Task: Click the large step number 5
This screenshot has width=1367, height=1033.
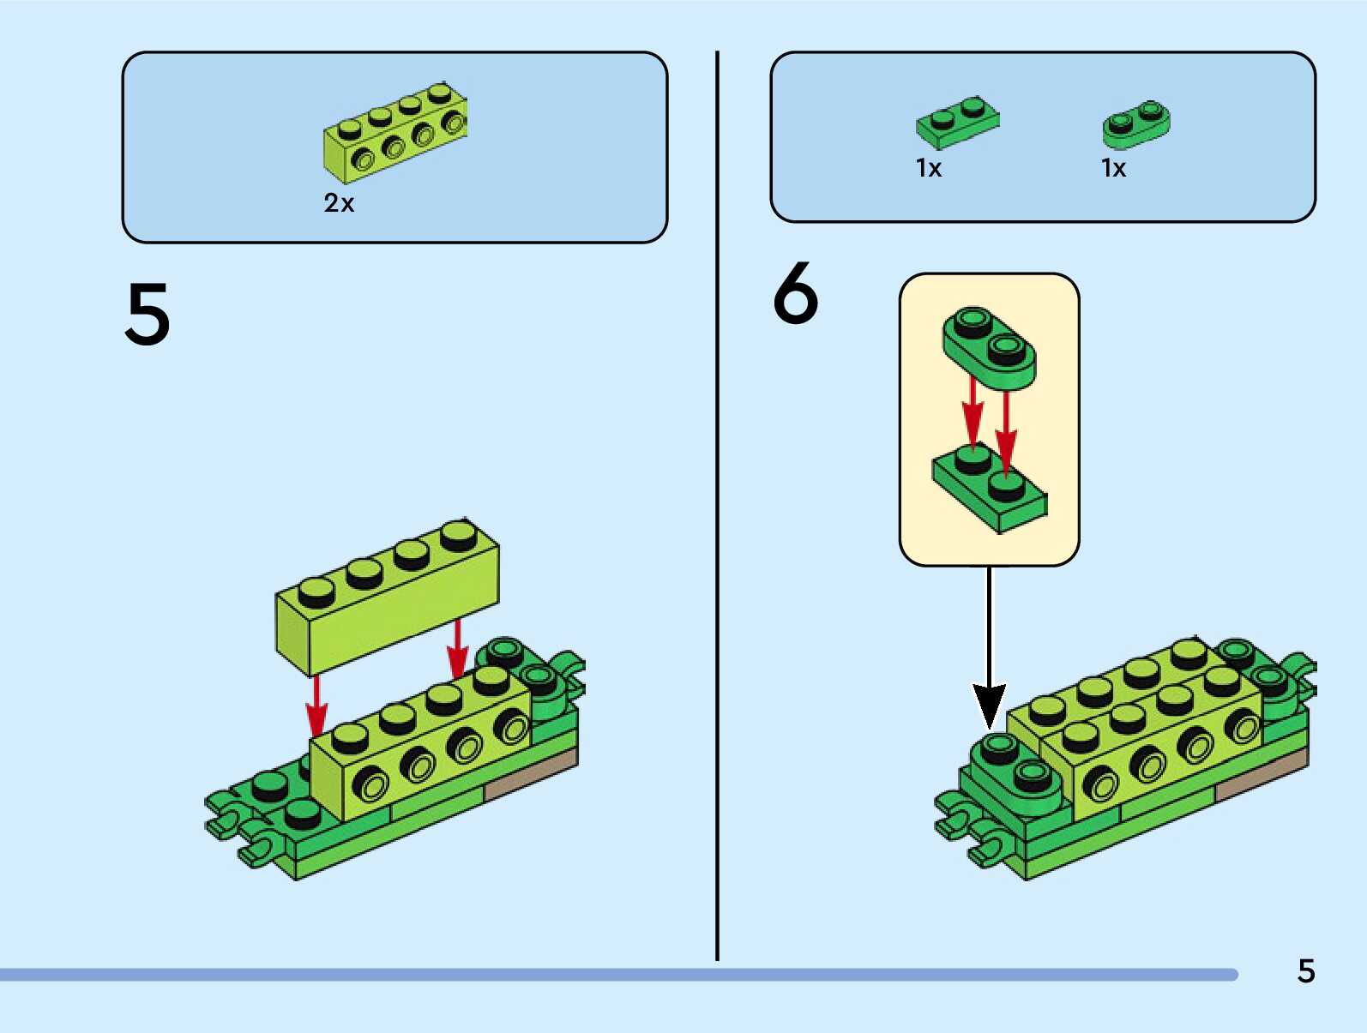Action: pyautogui.click(x=148, y=315)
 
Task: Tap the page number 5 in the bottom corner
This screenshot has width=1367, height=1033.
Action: pyautogui.click(x=1305, y=970)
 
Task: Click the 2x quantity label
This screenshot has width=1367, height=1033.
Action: pyautogui.click(x=339, y=203)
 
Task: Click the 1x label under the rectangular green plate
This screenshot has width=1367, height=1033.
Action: pyautogui.click(x=929, y=168)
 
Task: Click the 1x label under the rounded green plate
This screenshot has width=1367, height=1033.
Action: pyautogui.click(x=1113, y=168)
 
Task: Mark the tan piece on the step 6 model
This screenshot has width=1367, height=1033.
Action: pyautogui.click(x=1261, y=776)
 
